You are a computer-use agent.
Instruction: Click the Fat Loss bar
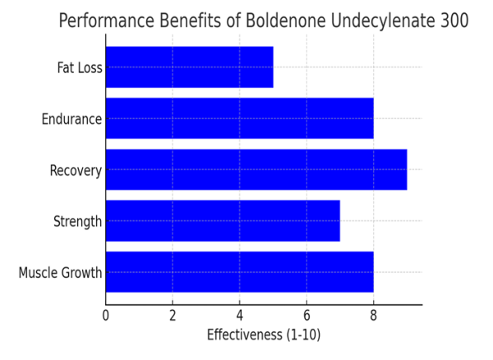coord(189,67)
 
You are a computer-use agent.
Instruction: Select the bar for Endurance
coord(239,118)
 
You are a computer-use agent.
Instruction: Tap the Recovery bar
coord(256,170)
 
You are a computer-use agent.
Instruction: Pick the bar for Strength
coord(222,221)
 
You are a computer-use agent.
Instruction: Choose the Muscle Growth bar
coord(239,272)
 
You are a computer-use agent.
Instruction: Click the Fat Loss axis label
coord(80,67)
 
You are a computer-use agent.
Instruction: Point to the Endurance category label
coord(71,119)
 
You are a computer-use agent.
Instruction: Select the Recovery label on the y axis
coord(76,171)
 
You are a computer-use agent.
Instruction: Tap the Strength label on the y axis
coord(77,222)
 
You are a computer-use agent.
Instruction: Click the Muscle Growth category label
coord(60,273)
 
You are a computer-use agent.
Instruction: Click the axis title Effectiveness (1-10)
coord(263,335)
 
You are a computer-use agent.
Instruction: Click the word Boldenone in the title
coord(281,21)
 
